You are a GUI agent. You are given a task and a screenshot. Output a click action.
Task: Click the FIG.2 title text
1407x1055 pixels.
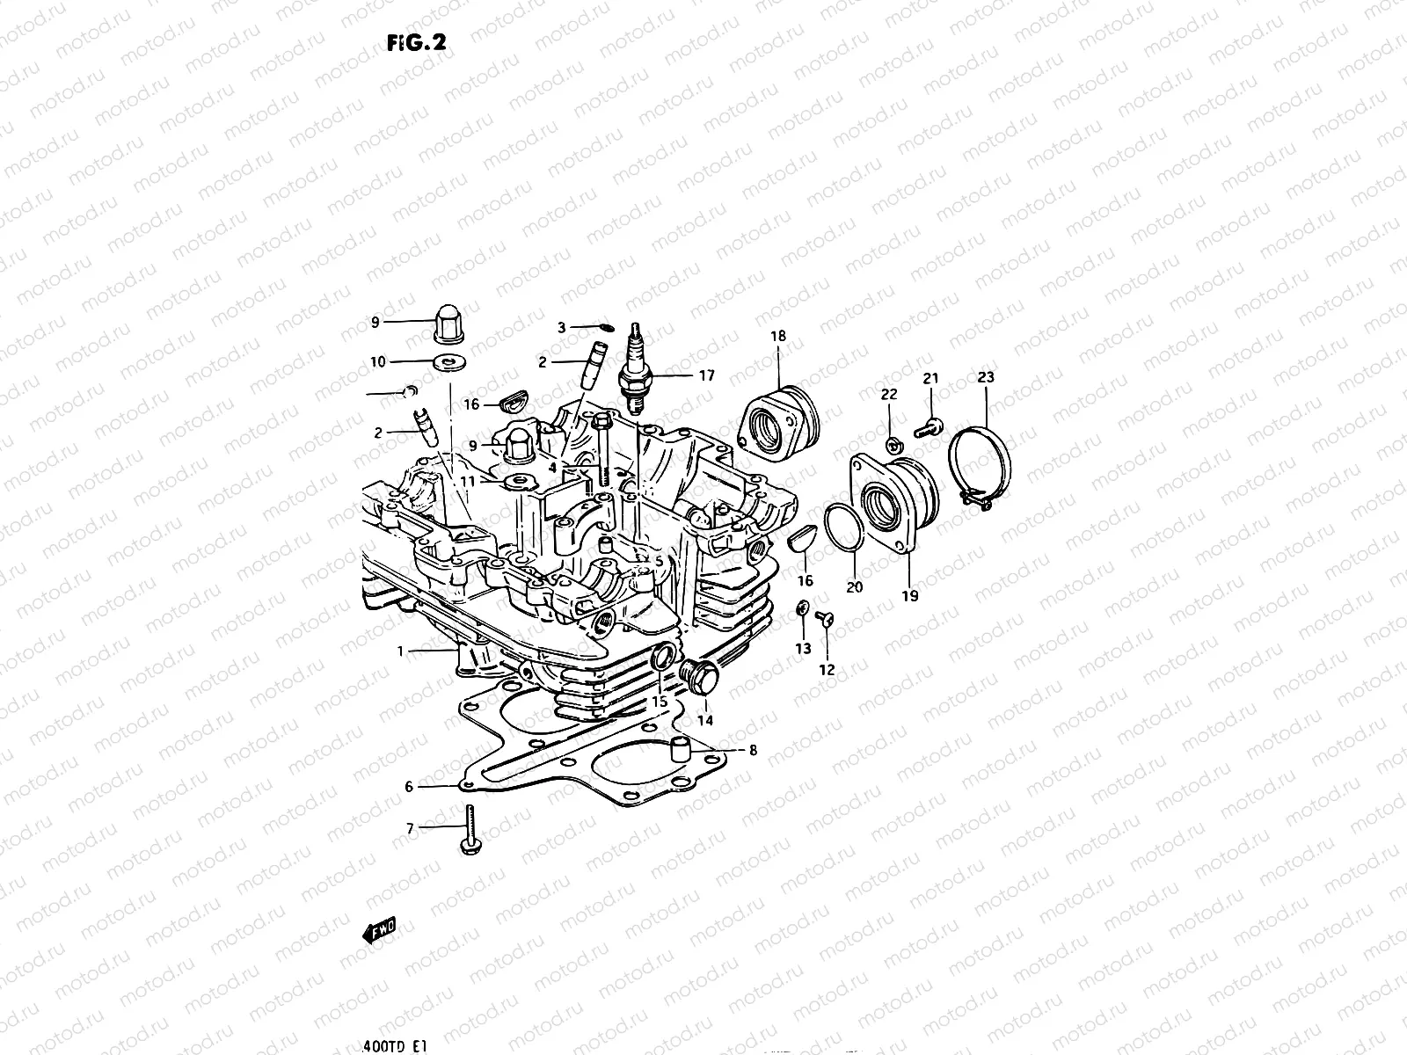coord(411,44)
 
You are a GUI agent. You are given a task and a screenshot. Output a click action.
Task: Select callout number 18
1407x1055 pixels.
coord(778,336)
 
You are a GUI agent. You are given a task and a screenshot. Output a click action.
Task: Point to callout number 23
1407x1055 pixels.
coord(985,378)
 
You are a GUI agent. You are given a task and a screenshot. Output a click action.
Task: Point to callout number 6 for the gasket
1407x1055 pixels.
coord(409,787)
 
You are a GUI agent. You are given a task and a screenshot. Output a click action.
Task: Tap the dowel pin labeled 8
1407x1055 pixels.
coord(678,751)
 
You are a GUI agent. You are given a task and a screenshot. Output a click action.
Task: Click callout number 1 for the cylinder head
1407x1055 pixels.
coord(400,651)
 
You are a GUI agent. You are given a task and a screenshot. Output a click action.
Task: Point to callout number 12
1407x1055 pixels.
coord(827,670)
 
